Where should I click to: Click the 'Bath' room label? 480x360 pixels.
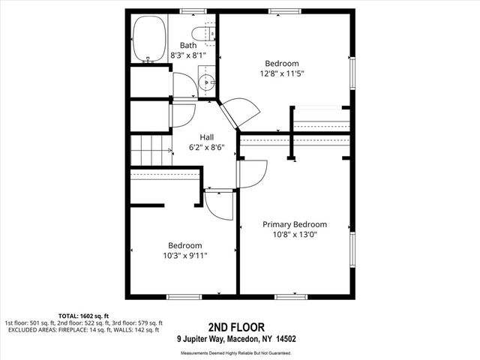point(187,45)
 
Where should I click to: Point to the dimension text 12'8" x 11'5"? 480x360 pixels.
point(282,73)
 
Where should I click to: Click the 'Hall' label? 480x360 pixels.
point(207,137)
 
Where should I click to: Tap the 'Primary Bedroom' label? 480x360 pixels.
point(295,224)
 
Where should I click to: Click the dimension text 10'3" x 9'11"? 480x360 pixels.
point(184,256)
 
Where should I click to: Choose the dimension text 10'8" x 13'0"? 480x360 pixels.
point(295,235)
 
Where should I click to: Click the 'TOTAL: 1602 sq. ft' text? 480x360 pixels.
point(84,315)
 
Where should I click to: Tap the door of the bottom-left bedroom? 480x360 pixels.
point(219,204)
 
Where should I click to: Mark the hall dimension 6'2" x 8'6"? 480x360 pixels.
point(207,148)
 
